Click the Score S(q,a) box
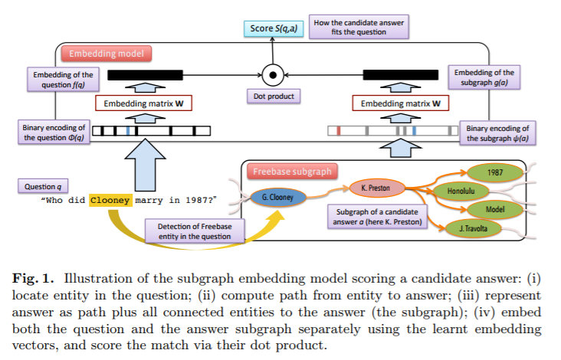tap(274, 28)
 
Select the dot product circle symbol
tap(273, 75)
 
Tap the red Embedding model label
tap(107, 54)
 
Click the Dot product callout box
tap(274, 97)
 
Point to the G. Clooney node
tap(278, 197)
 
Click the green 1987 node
tap(495, 172)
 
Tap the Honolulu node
tap(461, 191)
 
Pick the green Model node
tap(495, 210)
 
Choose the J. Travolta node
tap(474, 228)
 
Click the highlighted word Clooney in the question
tap(110, 200)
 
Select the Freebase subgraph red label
tap(292, 172)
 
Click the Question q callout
tap(43, 186)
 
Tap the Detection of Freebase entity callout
tap(195, 231)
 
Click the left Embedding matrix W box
tap(143, 103)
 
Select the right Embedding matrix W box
tap(400, 103)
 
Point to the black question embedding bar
tap(146, 75)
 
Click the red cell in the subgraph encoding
tap(339, 131)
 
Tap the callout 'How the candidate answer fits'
tap(359, 27)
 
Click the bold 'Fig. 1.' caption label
tap(33, 279)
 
